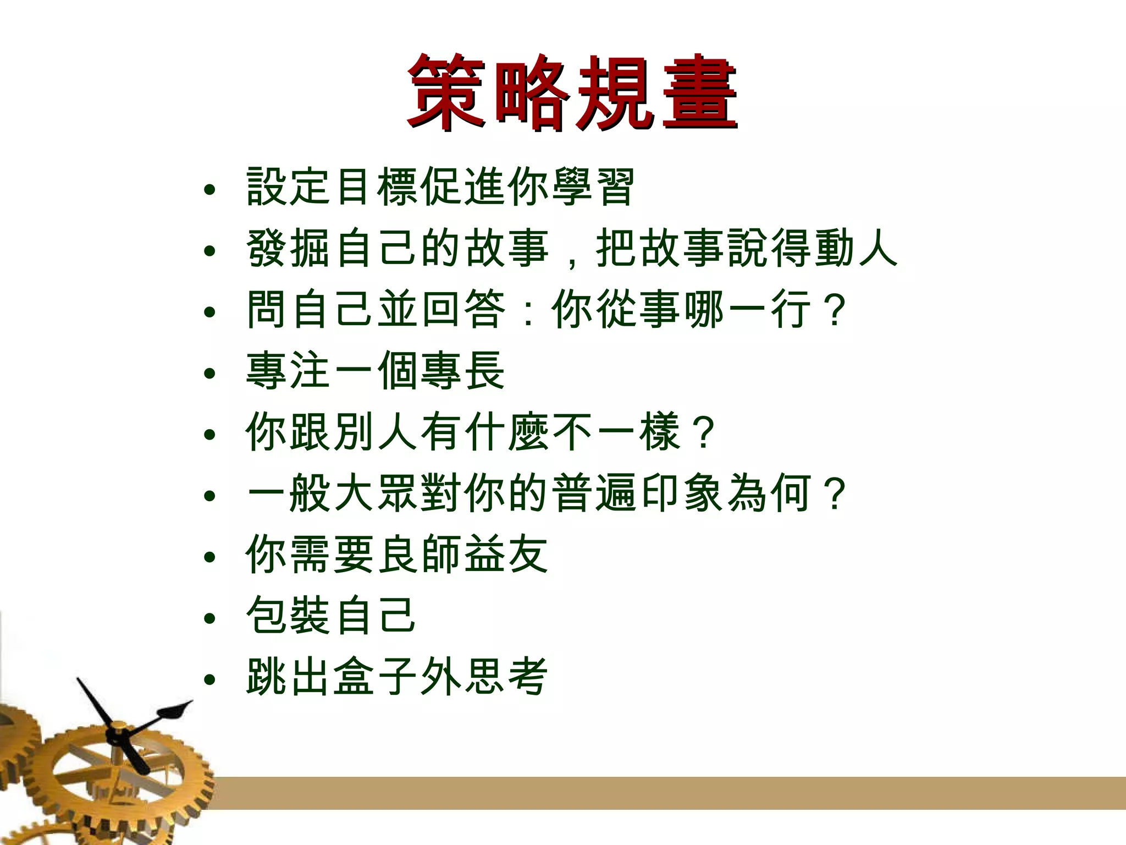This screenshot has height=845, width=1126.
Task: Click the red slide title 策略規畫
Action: [572, 92]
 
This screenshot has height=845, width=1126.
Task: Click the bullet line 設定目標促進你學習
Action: [440, 187]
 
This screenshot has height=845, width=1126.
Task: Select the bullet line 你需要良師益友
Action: [396, 555]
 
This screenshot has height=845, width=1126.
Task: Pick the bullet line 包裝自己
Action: [330, 616]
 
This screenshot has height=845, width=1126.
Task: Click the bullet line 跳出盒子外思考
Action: [396, 678]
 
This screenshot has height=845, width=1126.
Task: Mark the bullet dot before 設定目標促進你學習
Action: [209, 191]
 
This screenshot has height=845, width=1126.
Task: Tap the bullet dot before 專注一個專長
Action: [209, 375]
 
